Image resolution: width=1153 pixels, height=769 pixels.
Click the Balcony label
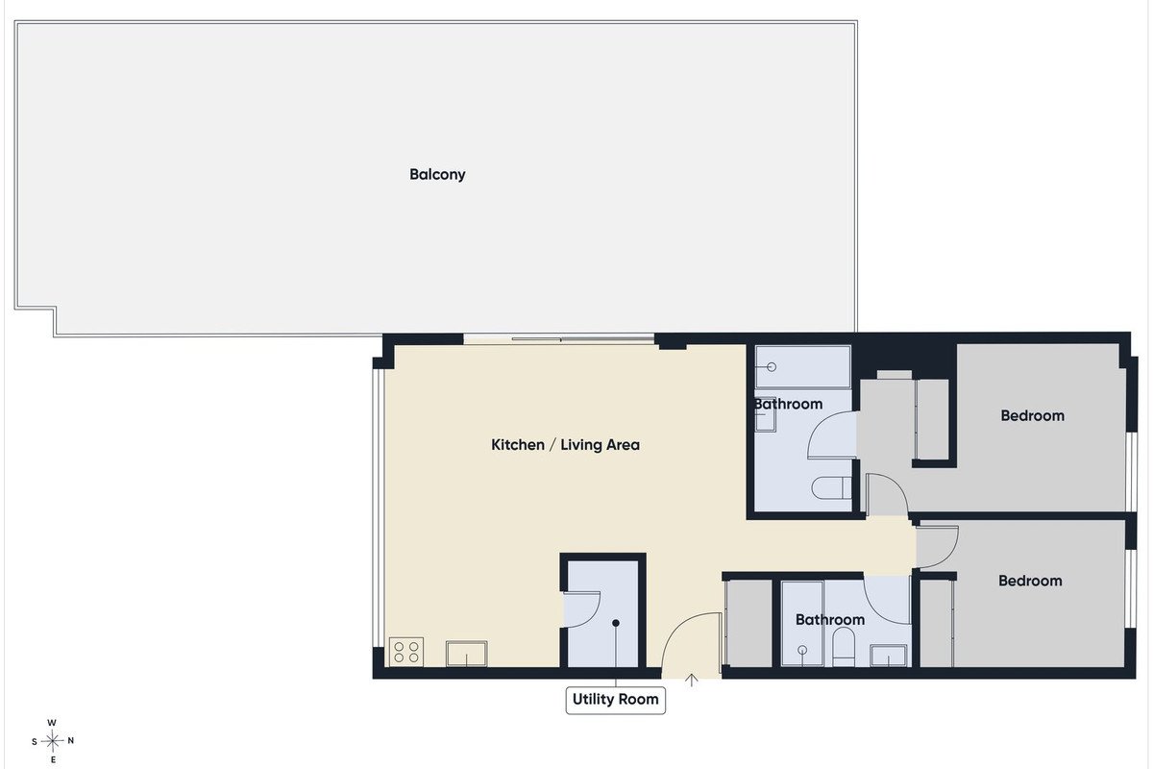[x=437, y=175]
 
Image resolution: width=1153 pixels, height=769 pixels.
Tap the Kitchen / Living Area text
[x=565, y=444]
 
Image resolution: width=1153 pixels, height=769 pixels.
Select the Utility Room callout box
[x=616, y=700]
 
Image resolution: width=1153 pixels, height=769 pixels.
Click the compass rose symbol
[x=53, y=741]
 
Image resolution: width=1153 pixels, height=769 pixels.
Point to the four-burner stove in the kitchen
[x=406, y=652]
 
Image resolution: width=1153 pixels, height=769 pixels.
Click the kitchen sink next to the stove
[x=466, y=653]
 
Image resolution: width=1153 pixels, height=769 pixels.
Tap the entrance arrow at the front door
[x=691, y=680]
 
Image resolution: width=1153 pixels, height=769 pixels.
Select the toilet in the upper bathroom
[x=831, y=487]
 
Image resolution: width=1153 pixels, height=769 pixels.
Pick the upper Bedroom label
[x=1032, y=415]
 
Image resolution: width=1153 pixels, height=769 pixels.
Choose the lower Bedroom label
[x=1030, y=581]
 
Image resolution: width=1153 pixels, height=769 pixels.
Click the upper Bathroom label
[x=788, y=404]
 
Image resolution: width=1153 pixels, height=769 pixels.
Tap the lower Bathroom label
[x=830, y=620]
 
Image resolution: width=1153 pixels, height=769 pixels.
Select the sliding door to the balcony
[x=558, y=339]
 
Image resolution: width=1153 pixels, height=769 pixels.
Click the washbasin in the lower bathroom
[x=889, y=656]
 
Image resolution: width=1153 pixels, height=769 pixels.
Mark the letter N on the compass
[x=71, y=741]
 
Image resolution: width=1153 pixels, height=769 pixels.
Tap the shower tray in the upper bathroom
[x=802, y=367]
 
